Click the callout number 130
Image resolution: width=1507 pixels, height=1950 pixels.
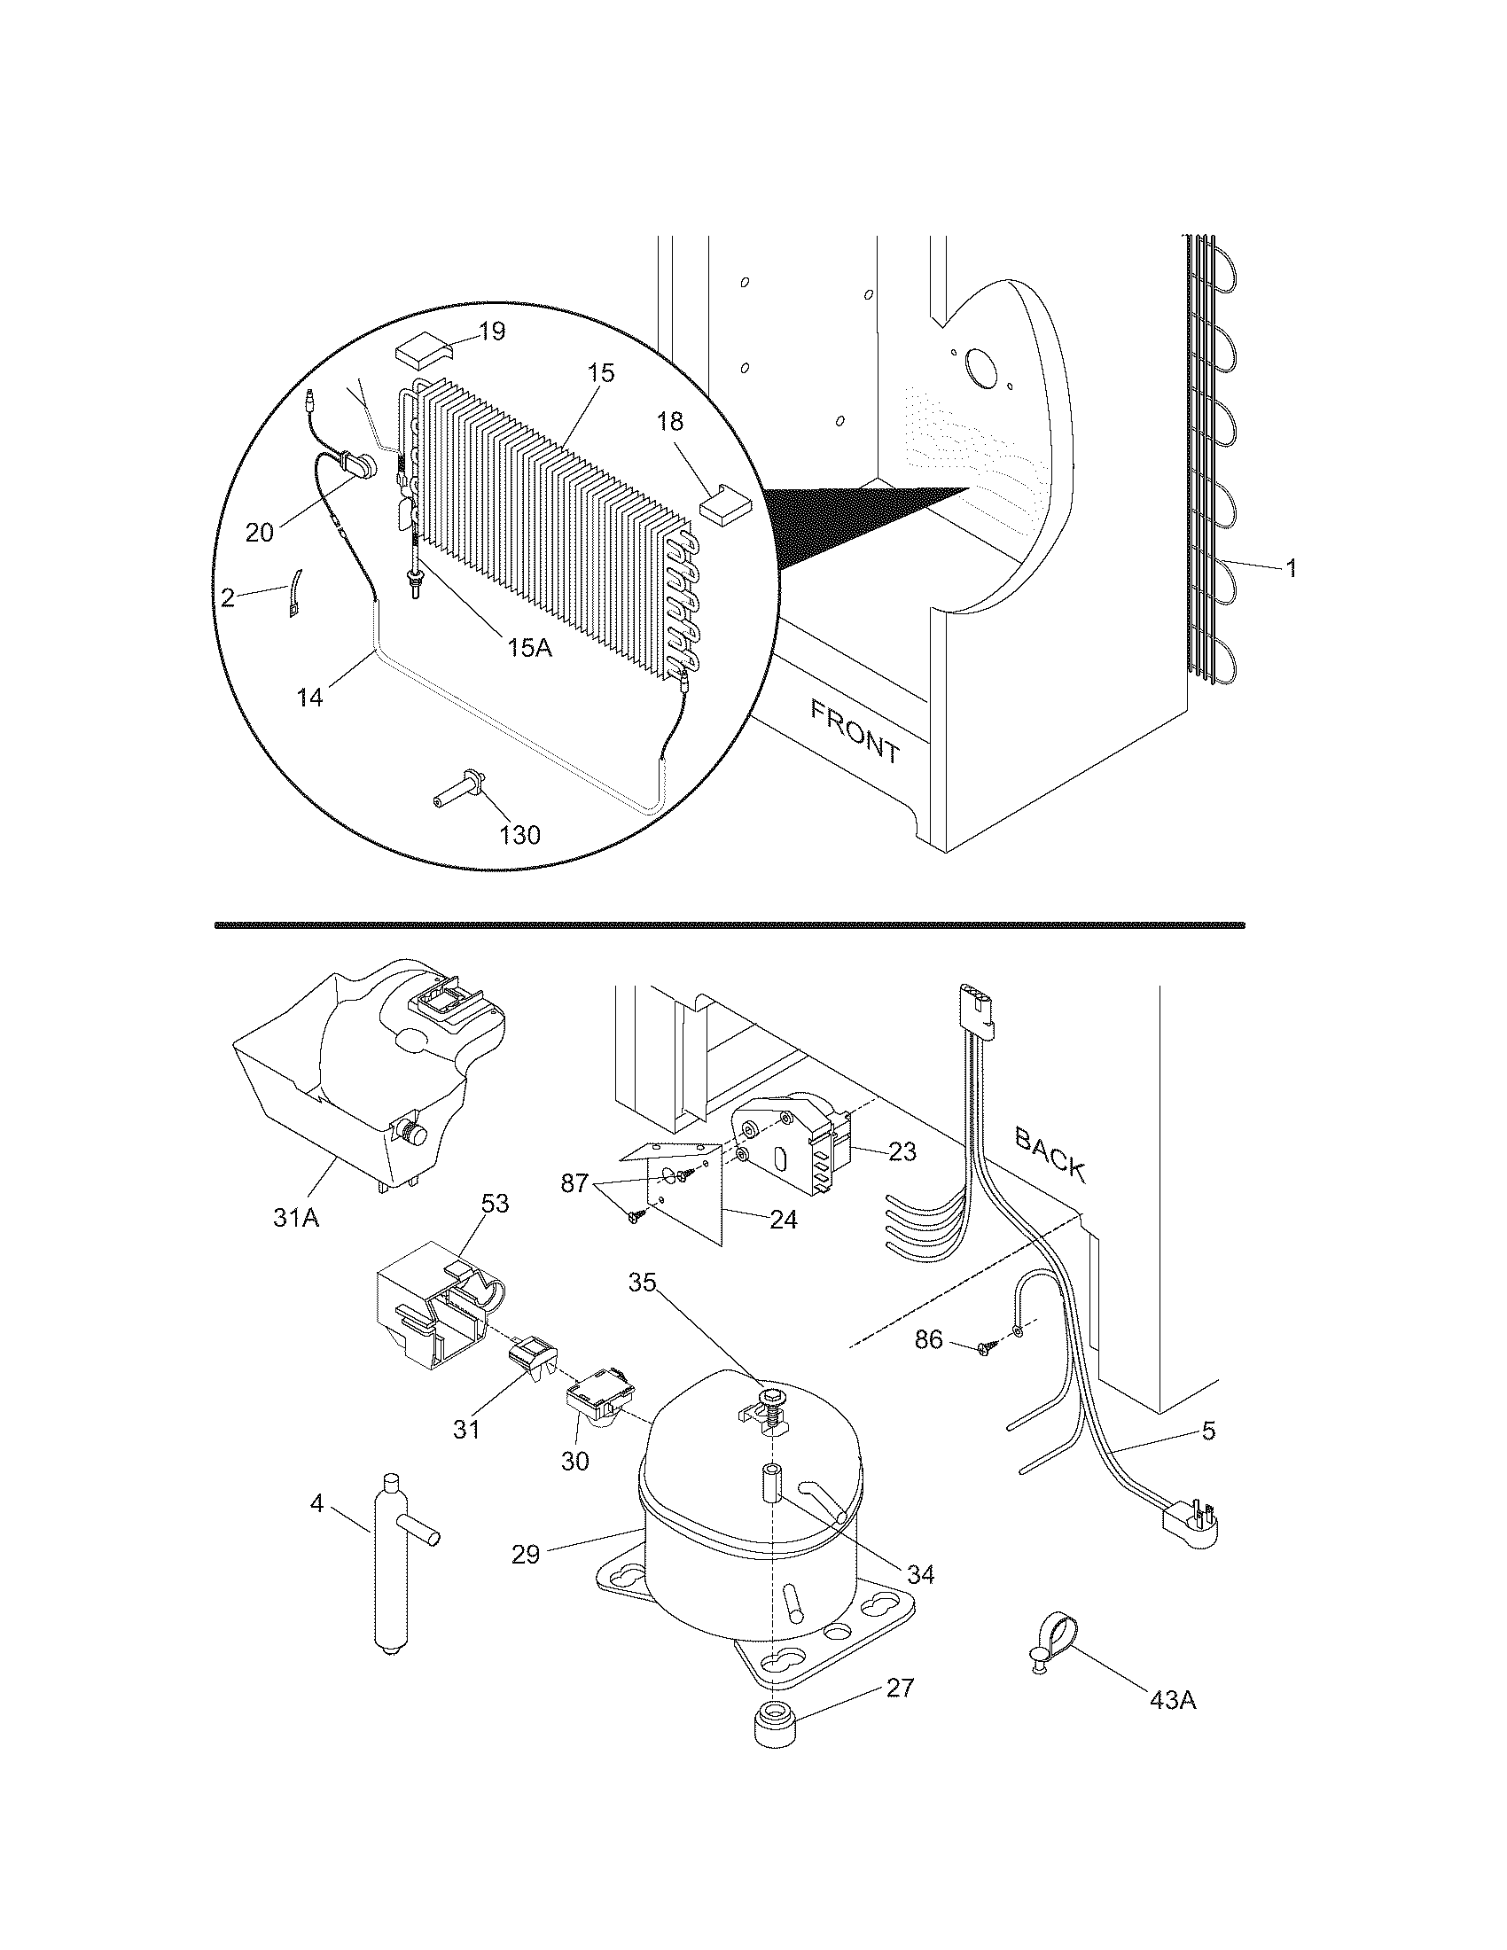pos(519,835)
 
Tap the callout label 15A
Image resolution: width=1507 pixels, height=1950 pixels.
pos(530,647)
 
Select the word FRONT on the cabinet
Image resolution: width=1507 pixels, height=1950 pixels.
pos(855,730)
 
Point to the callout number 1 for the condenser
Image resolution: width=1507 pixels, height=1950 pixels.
pos(1290,568)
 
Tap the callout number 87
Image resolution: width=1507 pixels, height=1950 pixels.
pos(574,1183)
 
